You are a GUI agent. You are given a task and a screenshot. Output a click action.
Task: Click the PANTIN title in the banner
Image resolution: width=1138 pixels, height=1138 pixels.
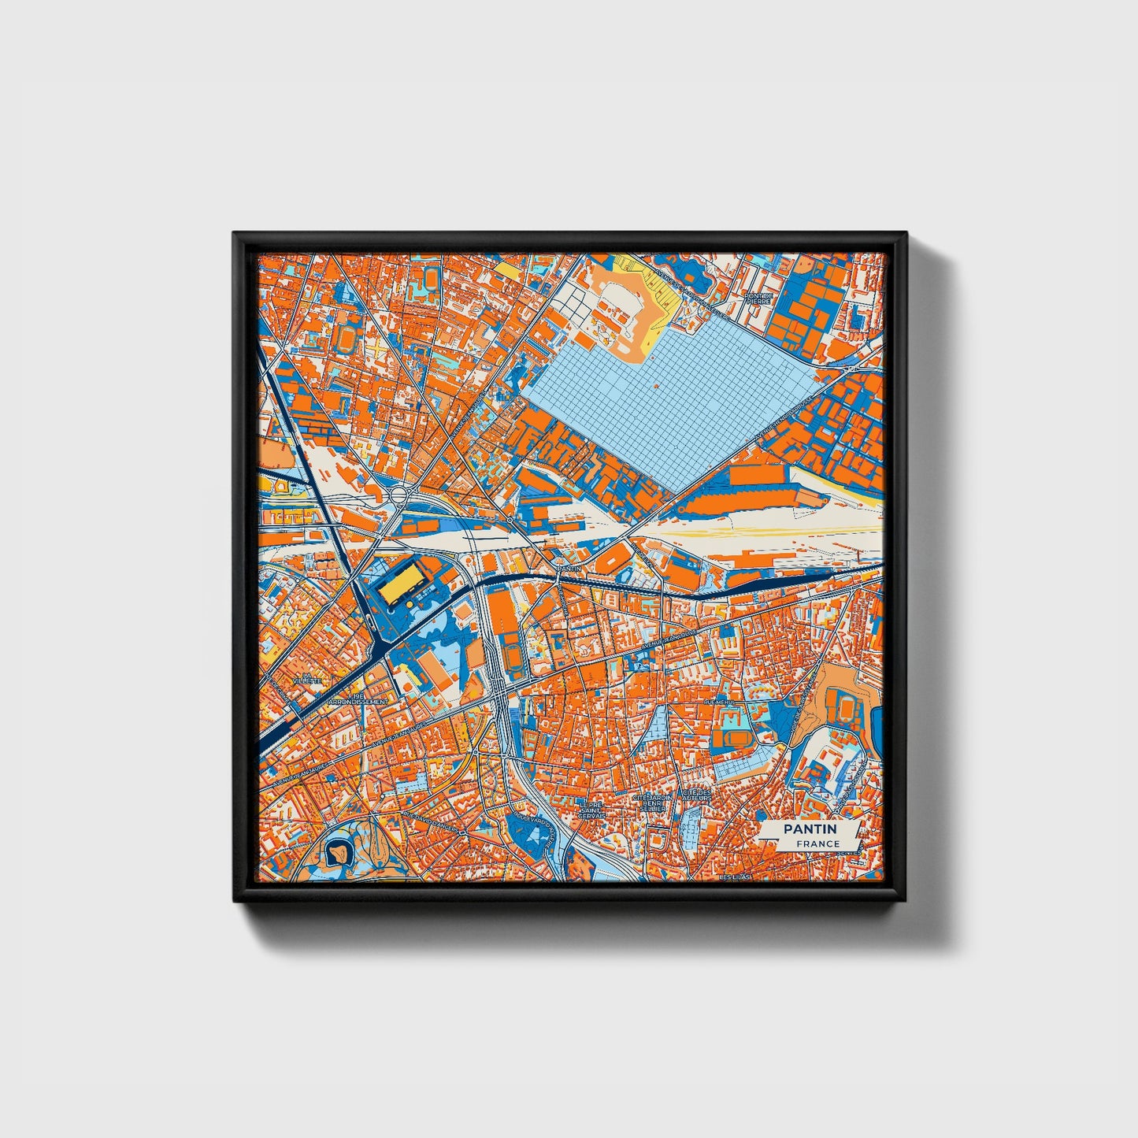point(810,829)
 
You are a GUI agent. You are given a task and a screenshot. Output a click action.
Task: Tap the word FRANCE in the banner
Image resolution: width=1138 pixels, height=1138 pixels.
point(817,844)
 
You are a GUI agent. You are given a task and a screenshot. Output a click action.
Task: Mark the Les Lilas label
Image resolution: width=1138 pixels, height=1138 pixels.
point(736,877)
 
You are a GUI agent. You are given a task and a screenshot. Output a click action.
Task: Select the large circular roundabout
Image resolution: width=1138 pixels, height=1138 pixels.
point(399,495)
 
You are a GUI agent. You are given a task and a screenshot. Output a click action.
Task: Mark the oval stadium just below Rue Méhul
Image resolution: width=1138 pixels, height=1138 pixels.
point(737,738)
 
